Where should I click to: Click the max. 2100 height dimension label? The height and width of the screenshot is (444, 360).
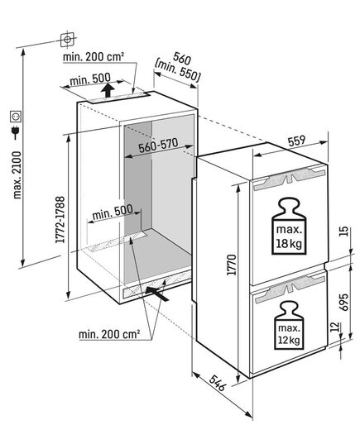coord(17,174)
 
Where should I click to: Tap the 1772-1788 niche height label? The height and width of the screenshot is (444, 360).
coord(60,219)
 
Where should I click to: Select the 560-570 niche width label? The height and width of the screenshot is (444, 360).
coord(158,146)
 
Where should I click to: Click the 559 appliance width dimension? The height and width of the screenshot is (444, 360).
coord(296,141)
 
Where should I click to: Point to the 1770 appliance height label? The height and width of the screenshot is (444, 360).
coord(232,265)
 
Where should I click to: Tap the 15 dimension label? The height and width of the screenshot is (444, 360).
coord(344,232)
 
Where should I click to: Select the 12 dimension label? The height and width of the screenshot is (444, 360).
coord(335,327)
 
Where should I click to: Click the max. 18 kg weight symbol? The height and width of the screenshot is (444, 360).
coord(289,226)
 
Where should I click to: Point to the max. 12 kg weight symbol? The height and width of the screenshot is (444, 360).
coord(289,325)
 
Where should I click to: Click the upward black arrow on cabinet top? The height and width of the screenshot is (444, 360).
coord(108,90)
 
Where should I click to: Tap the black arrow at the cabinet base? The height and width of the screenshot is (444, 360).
coord(156,293)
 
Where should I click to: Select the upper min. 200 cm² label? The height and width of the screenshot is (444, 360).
coord(94,56)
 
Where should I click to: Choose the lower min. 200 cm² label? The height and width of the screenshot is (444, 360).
coord(109,334)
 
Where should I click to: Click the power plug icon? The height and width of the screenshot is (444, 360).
coord(15,132)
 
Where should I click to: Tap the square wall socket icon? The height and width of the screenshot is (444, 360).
coord(15,117)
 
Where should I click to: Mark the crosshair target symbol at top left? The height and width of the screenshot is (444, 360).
coord(68,40)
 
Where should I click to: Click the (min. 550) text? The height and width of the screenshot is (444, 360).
coord(178,72)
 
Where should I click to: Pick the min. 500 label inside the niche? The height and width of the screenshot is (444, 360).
coord(113,212)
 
